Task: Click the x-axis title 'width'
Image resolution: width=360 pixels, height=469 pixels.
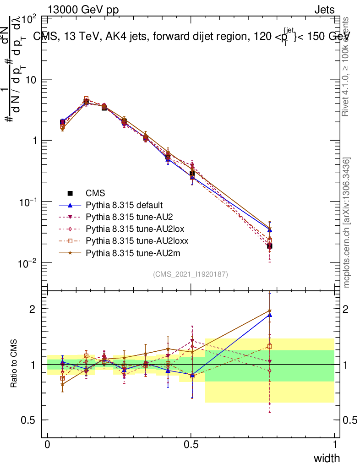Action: (326, 458)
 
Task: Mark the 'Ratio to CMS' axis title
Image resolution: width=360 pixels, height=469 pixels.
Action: (14, 365)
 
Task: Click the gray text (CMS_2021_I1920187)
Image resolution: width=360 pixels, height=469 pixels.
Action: (191, 274)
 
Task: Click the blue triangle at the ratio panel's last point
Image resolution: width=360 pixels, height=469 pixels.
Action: (270, 315)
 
